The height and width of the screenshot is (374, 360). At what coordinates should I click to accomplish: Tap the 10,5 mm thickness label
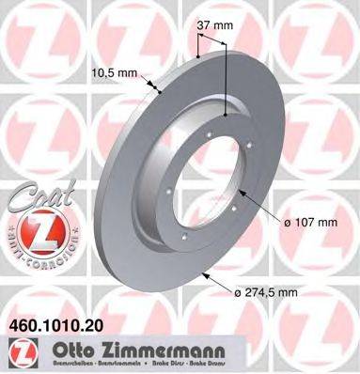tap(115, 74)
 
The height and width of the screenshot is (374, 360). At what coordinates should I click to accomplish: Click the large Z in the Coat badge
tap(38, 229)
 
